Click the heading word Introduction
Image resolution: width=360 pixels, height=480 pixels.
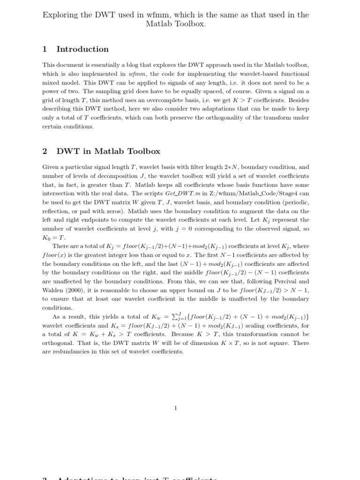tap(82, 49)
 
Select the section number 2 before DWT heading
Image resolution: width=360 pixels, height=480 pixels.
tap(45, 151)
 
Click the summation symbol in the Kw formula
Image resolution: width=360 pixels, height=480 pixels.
tap(172, 317)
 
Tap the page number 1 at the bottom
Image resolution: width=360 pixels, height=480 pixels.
tap(176, 408)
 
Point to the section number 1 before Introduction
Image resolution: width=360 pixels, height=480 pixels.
tap(45, 49)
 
